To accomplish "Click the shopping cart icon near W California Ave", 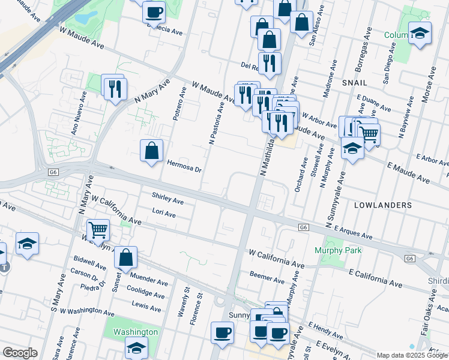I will [98, 229].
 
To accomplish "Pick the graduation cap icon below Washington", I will [136, 347].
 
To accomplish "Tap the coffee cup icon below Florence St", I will [222, 332].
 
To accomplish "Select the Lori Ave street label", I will [164, 214].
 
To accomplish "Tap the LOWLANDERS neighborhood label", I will [383, 205].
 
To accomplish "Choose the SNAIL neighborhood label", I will [354, 81].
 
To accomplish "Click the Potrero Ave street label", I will [179, 104].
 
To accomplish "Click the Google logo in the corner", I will [20, 353].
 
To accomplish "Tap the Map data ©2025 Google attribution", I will [412, 355].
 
